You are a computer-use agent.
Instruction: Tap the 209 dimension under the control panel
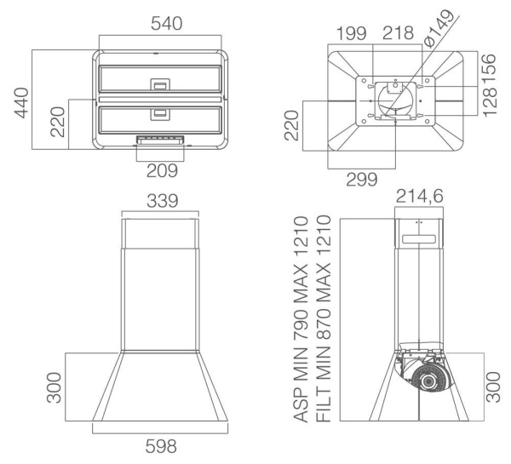point(161,169)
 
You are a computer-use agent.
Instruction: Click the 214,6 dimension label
point(421,198)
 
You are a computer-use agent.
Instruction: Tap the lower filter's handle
point(161,113)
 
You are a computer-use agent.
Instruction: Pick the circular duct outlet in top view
point(393,95)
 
